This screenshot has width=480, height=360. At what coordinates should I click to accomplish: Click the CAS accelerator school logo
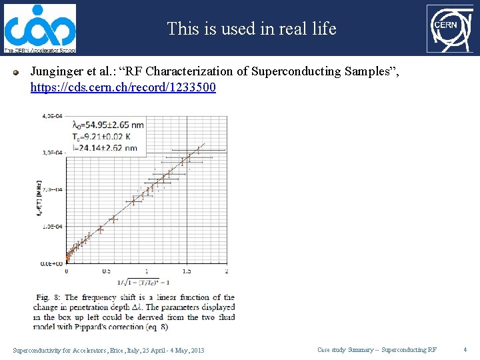(x=39, y=28)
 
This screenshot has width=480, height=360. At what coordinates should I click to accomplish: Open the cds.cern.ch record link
(x=123, y=87)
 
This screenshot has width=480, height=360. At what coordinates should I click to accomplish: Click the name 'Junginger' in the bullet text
(x=58, y=71)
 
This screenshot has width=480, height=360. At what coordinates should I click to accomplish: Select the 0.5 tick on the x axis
(x=106, y=271)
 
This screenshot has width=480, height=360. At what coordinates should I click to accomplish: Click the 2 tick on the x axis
(x=227, y=271)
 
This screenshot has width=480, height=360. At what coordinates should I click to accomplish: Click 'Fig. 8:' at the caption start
(x=45, y=297)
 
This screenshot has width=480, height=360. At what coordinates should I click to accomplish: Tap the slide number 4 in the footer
(x=465, y=349)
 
